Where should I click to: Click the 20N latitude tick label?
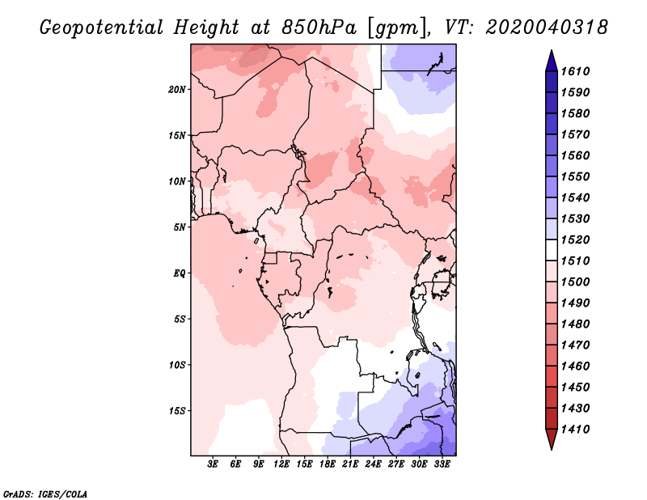point(177,90)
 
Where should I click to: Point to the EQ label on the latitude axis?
point(179,273)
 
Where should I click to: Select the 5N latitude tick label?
point(180,227)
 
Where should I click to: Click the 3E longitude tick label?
point(213,464)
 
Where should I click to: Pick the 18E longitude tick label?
point(328,464)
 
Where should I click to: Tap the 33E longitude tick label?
point(442,464)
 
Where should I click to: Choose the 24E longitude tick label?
point(373,464)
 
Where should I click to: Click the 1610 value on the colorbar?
point(575,71)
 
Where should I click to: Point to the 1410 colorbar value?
point(575,430)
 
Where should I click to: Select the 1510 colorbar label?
point(575,261)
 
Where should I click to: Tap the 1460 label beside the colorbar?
point(575,367)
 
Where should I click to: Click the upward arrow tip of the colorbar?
point(552,50)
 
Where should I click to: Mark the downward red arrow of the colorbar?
point(552,439)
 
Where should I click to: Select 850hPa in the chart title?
point(319,28)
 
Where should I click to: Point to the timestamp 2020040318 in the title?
point(548,28)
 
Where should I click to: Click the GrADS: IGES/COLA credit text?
point(45,494)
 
